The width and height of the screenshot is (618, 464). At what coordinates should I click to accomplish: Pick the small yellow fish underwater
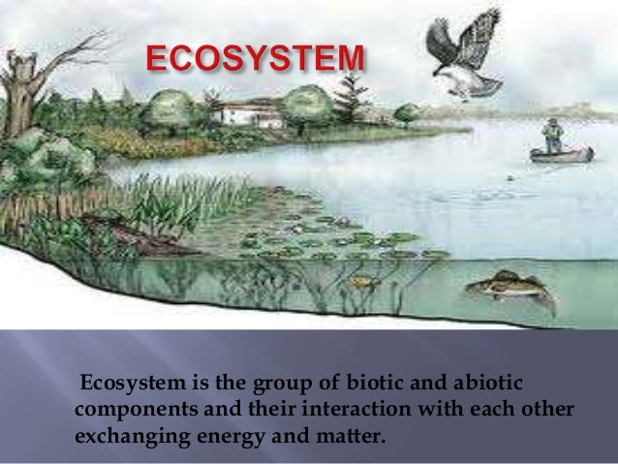coord(360,282)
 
